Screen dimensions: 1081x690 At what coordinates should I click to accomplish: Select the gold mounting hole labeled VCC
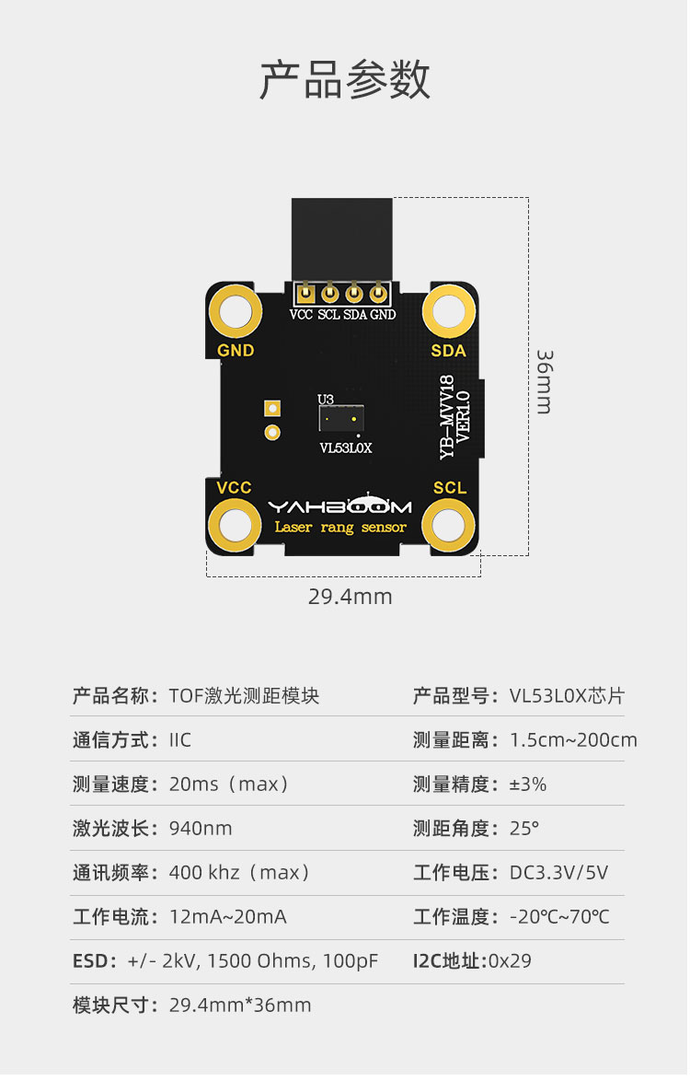pos(235,526)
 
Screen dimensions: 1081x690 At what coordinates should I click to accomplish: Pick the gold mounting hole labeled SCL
pos(449,526)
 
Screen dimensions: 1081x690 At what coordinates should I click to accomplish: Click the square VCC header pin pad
pos(305,295)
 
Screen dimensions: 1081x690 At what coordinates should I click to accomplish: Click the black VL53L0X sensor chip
pos(341,420)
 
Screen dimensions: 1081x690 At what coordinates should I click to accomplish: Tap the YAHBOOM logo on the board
pos(340,506)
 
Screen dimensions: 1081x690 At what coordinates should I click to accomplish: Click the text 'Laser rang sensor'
pos(340,528)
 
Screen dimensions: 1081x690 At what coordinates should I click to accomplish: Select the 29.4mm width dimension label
pos(350,597)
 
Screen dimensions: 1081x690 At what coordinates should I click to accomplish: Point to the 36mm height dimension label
pos(544,380)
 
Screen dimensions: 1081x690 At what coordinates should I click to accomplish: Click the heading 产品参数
pos(344,80)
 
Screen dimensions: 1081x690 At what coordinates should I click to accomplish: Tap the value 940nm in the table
pos(201,829)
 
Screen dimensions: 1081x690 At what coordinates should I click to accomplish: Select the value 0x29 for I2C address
pos(510,961)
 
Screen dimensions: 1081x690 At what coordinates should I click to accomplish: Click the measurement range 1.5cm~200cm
pos(573,740)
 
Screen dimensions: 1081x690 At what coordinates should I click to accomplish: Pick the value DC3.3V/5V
pos(558,873)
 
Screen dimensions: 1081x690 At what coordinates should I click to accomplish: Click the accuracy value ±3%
pos(528,785)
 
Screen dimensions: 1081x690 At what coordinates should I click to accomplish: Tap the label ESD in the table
pos(90,961)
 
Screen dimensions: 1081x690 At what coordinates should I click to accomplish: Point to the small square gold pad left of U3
pos(271,409)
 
